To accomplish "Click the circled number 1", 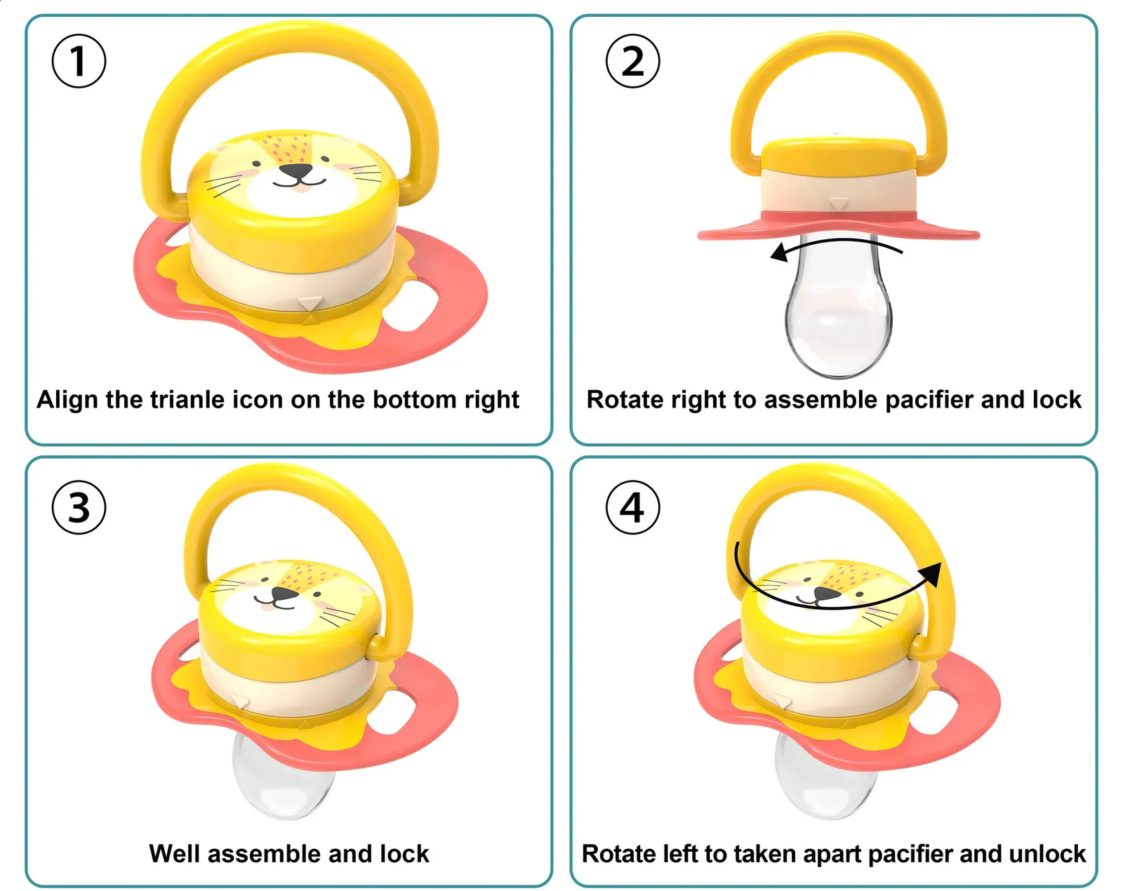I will point(79,61).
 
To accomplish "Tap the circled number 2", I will point(632,61).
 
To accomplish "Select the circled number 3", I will point(79,507).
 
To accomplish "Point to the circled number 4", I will point(632,507).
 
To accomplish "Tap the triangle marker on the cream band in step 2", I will point(838,203).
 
